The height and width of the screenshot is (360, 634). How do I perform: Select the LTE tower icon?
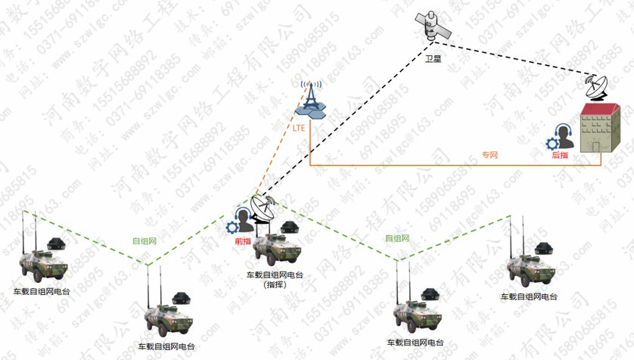(310, 98)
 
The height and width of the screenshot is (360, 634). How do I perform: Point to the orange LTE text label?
(299, 128)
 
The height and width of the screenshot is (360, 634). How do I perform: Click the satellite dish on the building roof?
(597, 87)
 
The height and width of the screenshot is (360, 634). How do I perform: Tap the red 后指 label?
(560, 154)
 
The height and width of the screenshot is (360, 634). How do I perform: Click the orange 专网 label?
(489, 155)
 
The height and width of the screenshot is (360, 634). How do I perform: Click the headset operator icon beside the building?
(564, 135)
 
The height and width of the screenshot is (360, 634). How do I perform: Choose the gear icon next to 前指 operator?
(232, 226)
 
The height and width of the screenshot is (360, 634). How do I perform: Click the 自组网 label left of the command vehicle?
(144, 241)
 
